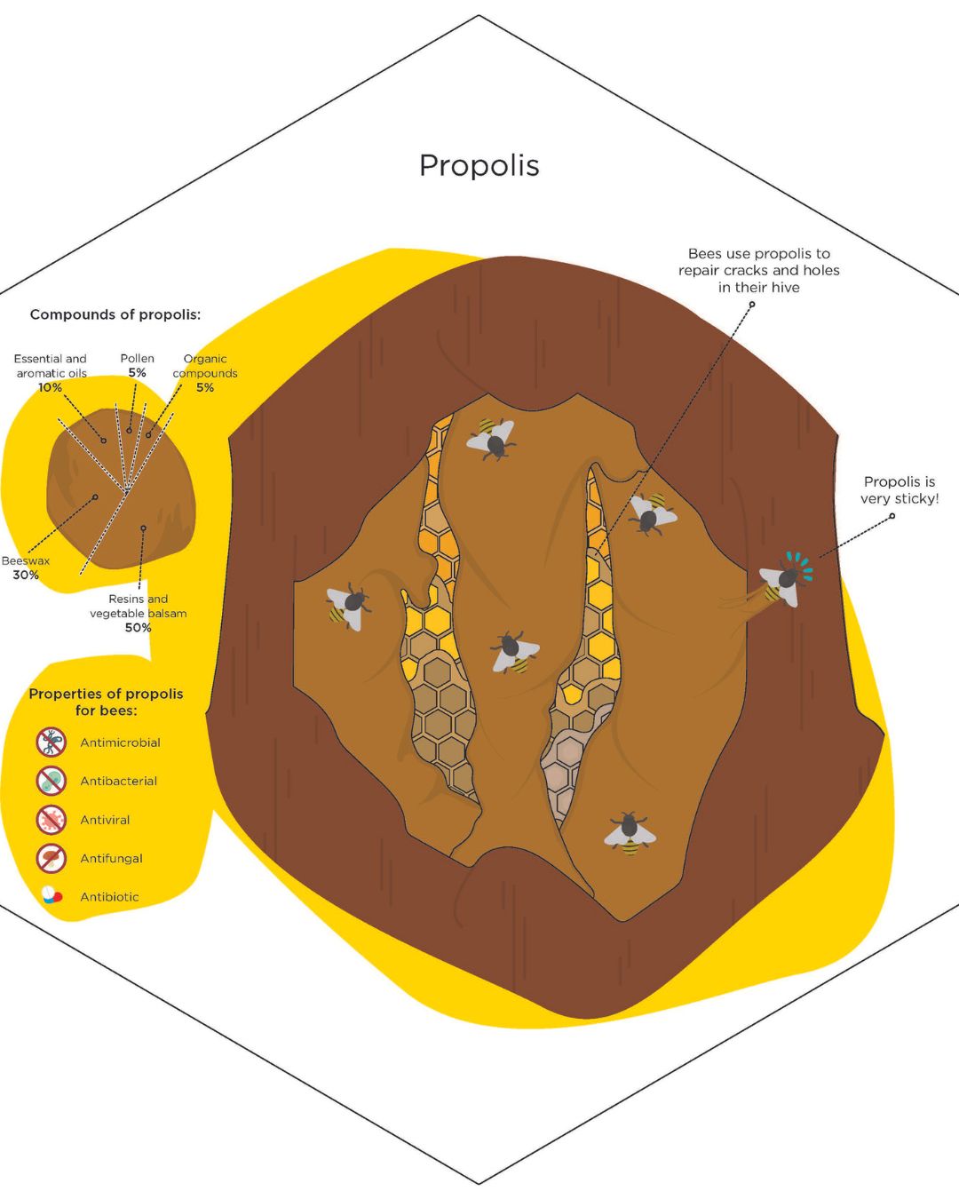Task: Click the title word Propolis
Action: pyautogui.click(x=479, y=165)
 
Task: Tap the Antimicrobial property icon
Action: pyautogui.click(x=52, y=742)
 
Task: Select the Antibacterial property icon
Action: pyautogui.click(x=52, y=781)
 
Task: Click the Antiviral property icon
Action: pyautogui.click(x=52, y=819)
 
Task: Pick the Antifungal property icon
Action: pyautogui.click(x=52, y=858)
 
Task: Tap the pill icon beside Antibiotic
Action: pyautogui.click(x=52, y=896)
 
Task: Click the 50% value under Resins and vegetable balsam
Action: pyautogui.click(x=138, y=628)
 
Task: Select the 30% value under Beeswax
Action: pyautogui.click(x=26, y=575)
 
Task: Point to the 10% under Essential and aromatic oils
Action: pyautogui.click(x=50, y=387)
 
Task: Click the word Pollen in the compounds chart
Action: pyautogui.click(x=138, y=359)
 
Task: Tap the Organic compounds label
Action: pyautogui.click(x=205, y=366)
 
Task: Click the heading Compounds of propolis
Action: pyautogui.click(x=115, y=314)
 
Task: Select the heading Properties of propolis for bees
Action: pyautogui.click(x=106, y=702)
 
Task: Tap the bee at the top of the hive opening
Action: pyautogui.click(x=492, y=439)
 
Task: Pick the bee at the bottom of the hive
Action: pyautogui.click(x=630, y=833)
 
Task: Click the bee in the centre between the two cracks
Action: pyautogui.click(x=513, y=652)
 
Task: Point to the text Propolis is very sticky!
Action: pyautogui.click(x=899, y=490)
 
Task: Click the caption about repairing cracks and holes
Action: pyautogui.click(x=758, y=270)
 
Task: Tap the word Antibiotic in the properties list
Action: pyautogui.click(x=109, y=897)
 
